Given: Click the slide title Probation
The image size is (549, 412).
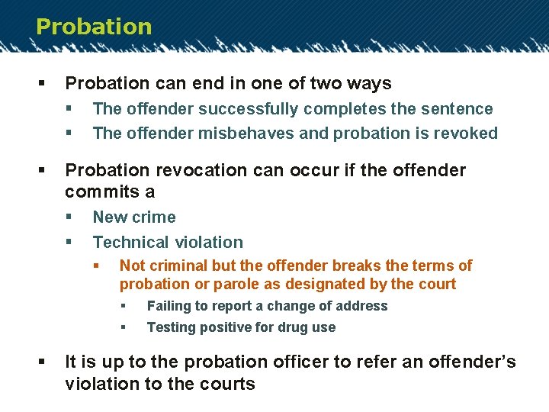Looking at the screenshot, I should click(x=94, y=27).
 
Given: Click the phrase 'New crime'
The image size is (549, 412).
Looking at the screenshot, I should click(x=134, y=217).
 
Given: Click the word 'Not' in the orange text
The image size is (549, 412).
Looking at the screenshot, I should click(x=132, y=266).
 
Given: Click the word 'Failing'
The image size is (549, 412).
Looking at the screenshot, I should click(x=169, y=306).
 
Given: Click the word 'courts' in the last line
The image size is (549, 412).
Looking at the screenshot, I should click(x=226, y=384).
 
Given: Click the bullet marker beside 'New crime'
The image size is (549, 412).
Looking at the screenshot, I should click(x=69, y=217).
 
